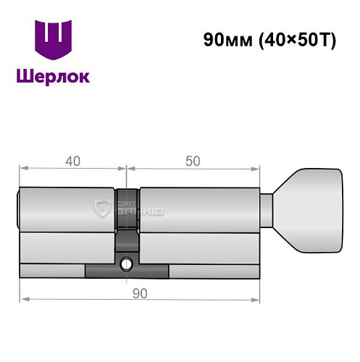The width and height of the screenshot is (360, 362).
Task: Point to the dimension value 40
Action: [x=72, y=161]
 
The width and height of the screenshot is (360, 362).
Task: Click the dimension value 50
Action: [x=193, y=161]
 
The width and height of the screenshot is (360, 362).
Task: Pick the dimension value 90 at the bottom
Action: [x=140, y=292]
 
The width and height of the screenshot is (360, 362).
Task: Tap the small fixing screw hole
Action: [x=127, y=263]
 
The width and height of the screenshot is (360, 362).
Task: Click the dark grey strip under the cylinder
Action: [x=127, y=272]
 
